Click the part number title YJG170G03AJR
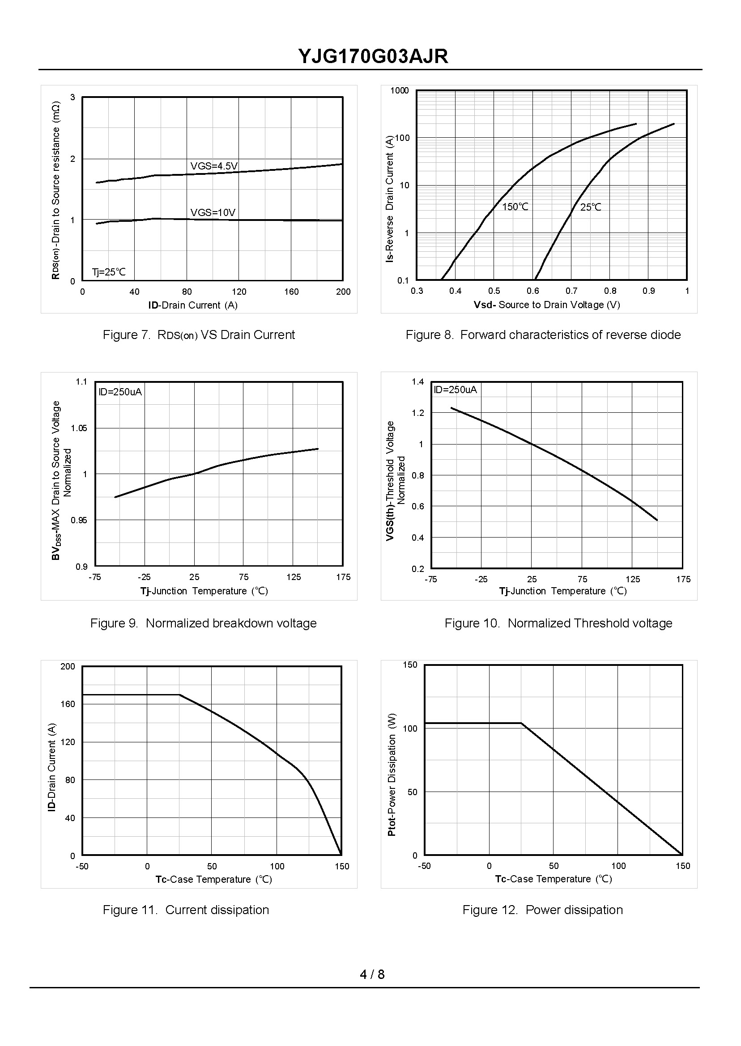tap(373, 56)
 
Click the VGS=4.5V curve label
tap(214, 166)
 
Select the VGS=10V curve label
tap(213, 212)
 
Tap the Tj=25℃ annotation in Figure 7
tap(109, 272)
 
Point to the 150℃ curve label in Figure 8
tap(515, 207)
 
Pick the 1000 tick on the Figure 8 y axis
tap(399, 91)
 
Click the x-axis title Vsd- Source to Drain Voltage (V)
tap(547, 305)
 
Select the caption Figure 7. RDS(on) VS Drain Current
tap(199, 335)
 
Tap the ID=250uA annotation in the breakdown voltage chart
tap(120, 392)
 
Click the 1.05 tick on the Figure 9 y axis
tap(78, 428)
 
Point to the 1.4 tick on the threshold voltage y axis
tap(417, 382)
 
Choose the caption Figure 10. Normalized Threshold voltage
tap(558, 623)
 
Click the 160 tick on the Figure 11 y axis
tap(68, 704)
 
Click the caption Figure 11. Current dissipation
tap(186, 910)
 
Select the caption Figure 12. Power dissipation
tap(542, 910)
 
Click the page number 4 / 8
tap(372, 974)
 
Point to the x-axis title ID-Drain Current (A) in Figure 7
tap(192, 305)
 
